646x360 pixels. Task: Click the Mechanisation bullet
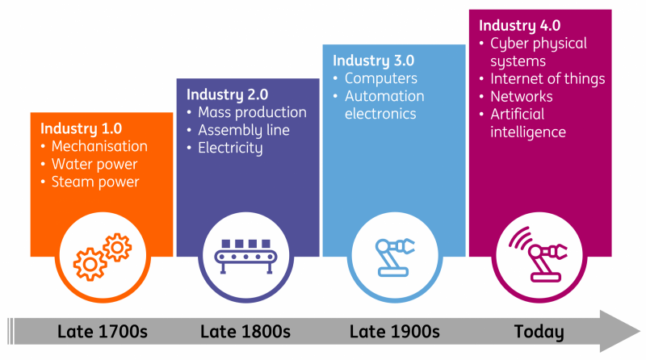[99, 146]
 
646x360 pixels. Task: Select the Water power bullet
[94, 164]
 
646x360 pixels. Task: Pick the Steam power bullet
[95, 182]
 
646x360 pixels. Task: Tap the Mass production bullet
[252, 112]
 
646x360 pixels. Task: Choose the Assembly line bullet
[244, 130]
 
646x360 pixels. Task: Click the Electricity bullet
[230, 148]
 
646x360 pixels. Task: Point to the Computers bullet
[380, 78]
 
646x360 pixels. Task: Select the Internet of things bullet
[547, 78]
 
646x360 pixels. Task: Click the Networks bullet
[521, 96]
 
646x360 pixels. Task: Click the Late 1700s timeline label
[101, 332]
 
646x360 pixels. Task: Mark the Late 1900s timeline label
[395, 332]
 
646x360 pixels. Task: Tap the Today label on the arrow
[539, 332]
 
